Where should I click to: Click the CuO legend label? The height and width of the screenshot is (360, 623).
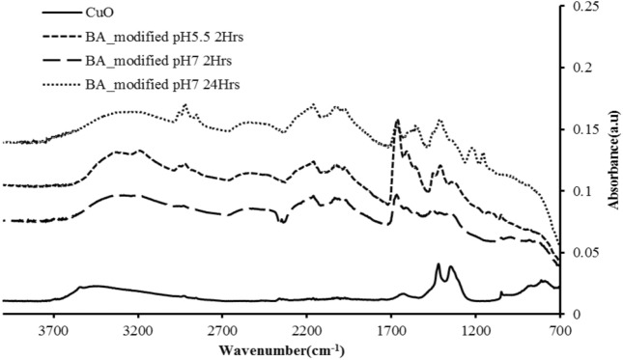(x=101, y=14)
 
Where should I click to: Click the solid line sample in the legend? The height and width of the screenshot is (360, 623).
(x=42, y=14)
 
